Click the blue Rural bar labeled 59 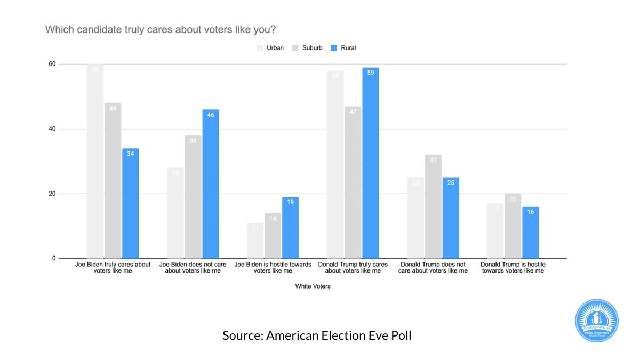point(370,163)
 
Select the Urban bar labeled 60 point(95,161)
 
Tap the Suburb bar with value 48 point(113,180)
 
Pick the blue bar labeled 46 point(210,184)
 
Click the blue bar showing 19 point(290,228)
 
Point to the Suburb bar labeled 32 point(433,206)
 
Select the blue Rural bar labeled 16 point(530,233)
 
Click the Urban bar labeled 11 point(255,241)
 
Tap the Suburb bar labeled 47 point(353,182)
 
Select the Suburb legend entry point(307,48)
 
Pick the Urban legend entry point(270,48)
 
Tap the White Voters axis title point(313,286)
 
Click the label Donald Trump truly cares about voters point(353,267)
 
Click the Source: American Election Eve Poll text point(317,335)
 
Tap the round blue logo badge point(596,321)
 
